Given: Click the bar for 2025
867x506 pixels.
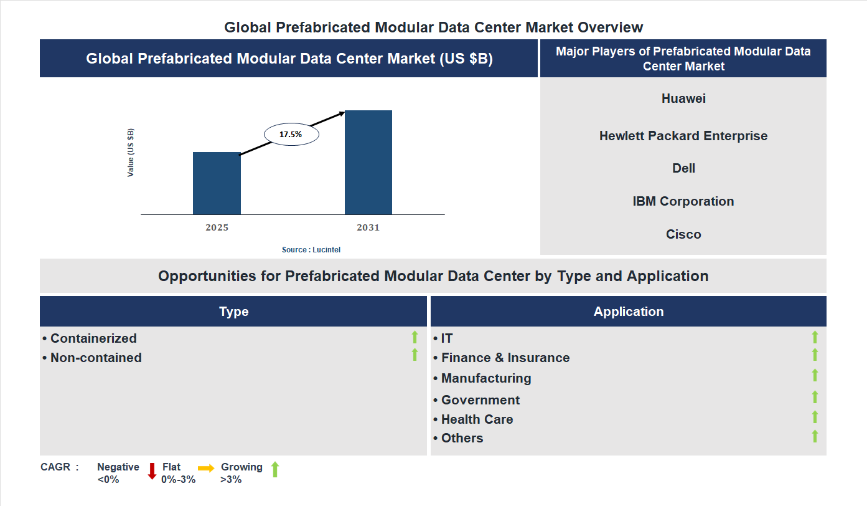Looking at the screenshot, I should [x=217, y=183].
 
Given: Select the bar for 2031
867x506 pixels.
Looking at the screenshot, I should [x=368, y=163].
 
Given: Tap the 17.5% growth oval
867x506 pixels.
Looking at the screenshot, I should [x=291, y=134].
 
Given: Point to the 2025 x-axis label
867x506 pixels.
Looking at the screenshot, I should [x=217, y=227].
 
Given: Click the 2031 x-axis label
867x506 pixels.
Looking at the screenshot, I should [x=368, y=227].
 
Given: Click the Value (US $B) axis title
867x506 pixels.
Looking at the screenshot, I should [x=131, y=153].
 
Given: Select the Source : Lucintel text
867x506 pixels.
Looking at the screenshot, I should [x=311, y=249].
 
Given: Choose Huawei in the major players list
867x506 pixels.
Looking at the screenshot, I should [x=683, y=98].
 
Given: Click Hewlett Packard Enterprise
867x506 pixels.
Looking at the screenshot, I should [x=683, y=136].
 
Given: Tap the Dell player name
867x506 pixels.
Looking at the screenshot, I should [x=683, y=168].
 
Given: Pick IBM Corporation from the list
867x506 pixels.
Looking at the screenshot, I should [x=683, y=201].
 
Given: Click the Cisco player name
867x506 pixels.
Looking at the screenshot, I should [x=683, y=234].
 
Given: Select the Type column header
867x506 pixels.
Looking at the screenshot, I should [x=233, y=312].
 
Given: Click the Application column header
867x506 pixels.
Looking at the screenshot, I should [x=629, y=312].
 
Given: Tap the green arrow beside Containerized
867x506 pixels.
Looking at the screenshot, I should [x=415, y=337].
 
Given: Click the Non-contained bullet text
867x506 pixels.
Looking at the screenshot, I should [x=96, y=358].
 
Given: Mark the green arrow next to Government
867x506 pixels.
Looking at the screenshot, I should [x=815, y=397].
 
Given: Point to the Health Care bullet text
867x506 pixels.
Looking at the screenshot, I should [x=477, y=419].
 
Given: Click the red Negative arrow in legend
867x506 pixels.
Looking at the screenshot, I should [x=152, y=471].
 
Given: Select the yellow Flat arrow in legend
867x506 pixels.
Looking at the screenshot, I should [x=206, y=468].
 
